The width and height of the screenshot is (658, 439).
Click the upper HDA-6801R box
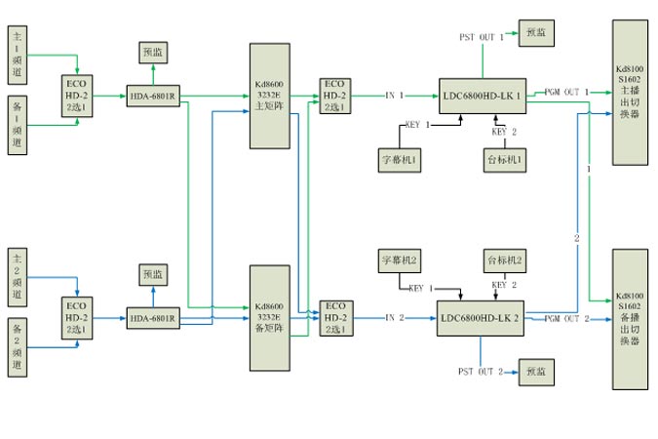(152, 96)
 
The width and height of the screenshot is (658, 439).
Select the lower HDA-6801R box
(152, 318)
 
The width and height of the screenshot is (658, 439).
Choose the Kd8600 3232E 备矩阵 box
(269, 319)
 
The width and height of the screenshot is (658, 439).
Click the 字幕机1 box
(399, 159)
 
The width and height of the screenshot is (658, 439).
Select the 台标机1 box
(505, 159)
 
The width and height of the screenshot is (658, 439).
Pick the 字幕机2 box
(399, 260)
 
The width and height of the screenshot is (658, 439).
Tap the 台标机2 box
(505, 260)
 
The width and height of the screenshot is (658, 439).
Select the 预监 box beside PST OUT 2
(536, 372)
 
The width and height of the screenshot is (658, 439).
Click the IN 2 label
(394, 318)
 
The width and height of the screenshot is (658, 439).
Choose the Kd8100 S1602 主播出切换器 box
(629, 94)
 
